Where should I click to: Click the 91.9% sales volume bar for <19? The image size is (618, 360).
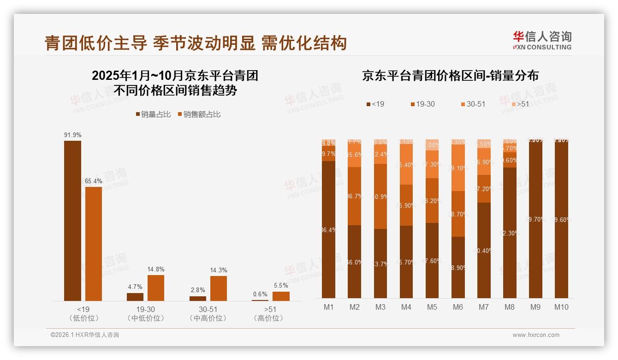(x=72, y=221)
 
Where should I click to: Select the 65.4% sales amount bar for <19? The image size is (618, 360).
(x=94, y=244)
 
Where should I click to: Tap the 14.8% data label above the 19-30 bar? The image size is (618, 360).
(x=156, y=269)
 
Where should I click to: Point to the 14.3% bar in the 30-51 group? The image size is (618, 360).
(x=219, y=288)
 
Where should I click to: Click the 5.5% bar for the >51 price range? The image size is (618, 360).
(x=281, y=296)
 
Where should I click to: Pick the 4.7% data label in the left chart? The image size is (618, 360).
(x=135, y=287)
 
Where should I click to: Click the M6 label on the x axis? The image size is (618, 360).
(x=458, y=307)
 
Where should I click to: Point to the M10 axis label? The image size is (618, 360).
(x=561, y=307)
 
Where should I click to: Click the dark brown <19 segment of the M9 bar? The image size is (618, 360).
(x=535, y=219)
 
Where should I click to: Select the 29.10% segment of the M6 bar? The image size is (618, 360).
(x=458, y=168)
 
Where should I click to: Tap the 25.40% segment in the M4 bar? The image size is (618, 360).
(x=406, y=164)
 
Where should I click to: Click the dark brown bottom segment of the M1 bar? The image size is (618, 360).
(x=329, y=229)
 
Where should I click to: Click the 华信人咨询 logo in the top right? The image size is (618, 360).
(x=542, y=40)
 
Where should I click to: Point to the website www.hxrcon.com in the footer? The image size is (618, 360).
(x=536, y=335)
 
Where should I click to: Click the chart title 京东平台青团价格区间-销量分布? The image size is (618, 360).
(x=450, y=76)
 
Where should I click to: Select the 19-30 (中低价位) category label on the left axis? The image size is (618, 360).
(x=145, y=313)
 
